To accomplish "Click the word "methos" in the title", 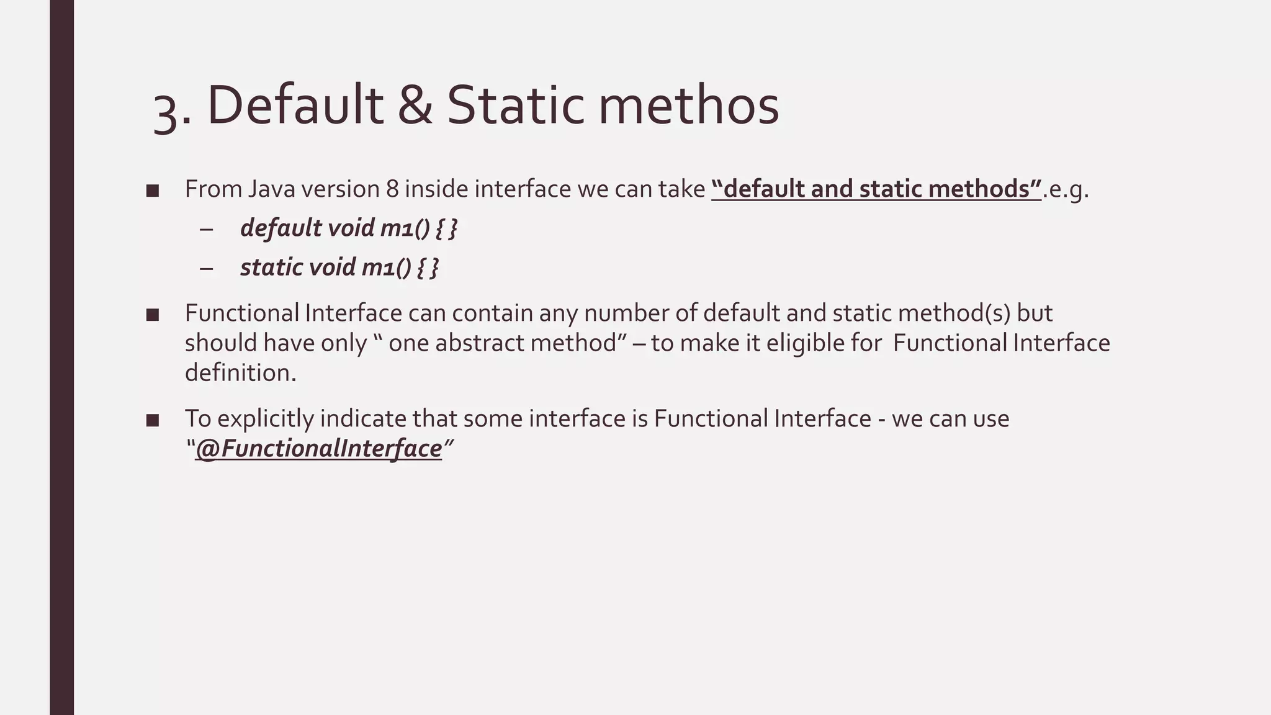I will point(688,105).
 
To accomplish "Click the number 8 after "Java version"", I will point(392,189).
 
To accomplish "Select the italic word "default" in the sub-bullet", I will point(281,228).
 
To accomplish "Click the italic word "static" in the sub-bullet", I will point(271,268).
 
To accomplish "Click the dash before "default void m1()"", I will point(207,229).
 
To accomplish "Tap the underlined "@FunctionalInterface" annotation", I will point(318,449).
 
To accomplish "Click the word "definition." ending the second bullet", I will point(241,373).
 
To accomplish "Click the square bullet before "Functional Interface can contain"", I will point(153,315).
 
